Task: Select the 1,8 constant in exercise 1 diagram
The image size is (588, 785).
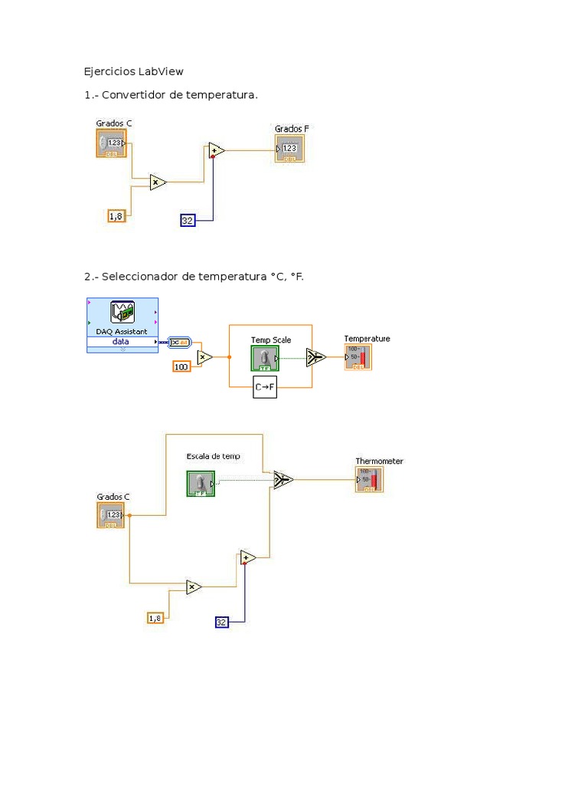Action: tap(116, 216)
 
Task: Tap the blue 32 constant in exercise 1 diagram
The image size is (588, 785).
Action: tap(188, 221)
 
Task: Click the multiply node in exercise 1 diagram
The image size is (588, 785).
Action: tap(158, 182)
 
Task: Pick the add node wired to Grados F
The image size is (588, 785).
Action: tap(216, 151)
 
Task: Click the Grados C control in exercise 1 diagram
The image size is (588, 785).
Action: tap(111, 143)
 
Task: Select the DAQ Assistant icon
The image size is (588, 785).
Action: tap(122, 313)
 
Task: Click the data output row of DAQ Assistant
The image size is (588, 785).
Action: tap(122, 342)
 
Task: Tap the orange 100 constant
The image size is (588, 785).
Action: tap(181, 367)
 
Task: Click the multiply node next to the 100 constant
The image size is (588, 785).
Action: tap(204, 356)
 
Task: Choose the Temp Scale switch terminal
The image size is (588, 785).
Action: tap(264, 358)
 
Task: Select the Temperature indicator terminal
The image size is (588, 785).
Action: tap(358, 357)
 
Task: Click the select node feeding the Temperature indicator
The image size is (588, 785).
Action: tap(315, 356)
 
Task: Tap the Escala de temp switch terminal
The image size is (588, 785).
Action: tap(201, 483)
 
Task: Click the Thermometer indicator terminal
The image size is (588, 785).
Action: tap(369, 480)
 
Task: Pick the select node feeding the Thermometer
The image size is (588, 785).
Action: tap(283, 480)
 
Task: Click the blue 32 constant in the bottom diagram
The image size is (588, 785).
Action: tap(222, 622)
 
